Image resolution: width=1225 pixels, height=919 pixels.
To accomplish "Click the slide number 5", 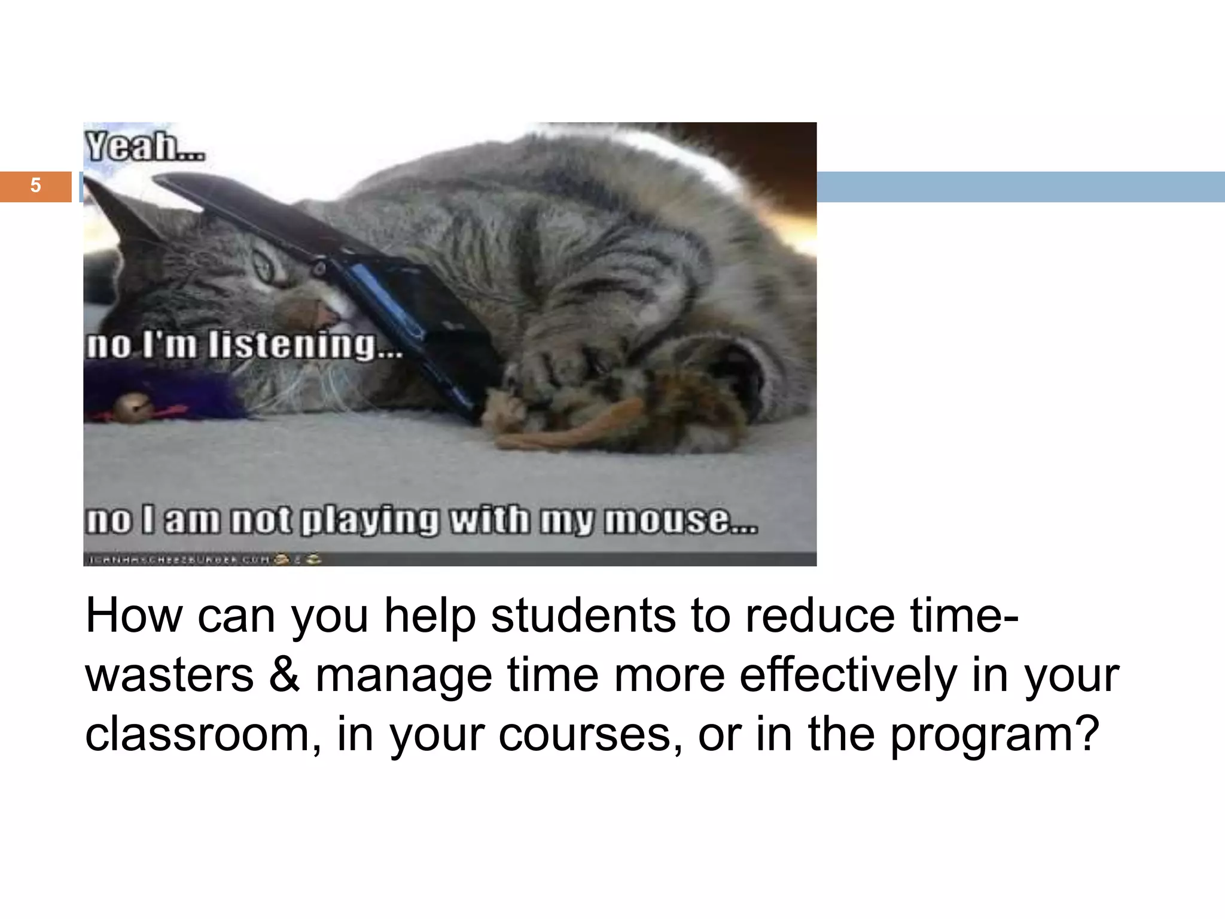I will [x=35, y=185].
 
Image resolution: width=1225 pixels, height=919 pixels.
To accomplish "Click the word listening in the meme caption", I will [x=293, y=346].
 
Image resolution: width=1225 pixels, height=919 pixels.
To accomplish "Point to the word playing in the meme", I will [x=369, y=519].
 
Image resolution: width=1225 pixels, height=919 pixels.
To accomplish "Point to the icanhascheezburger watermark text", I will [x=179, y=559].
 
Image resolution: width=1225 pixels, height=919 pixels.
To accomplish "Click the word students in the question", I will [x=583, y=616].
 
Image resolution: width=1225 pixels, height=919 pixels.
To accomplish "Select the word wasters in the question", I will [x=170, y=675].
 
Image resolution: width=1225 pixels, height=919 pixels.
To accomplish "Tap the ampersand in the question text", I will [x=284, y=674].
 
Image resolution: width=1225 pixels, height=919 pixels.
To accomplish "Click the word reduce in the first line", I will [x=819, y=616].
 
